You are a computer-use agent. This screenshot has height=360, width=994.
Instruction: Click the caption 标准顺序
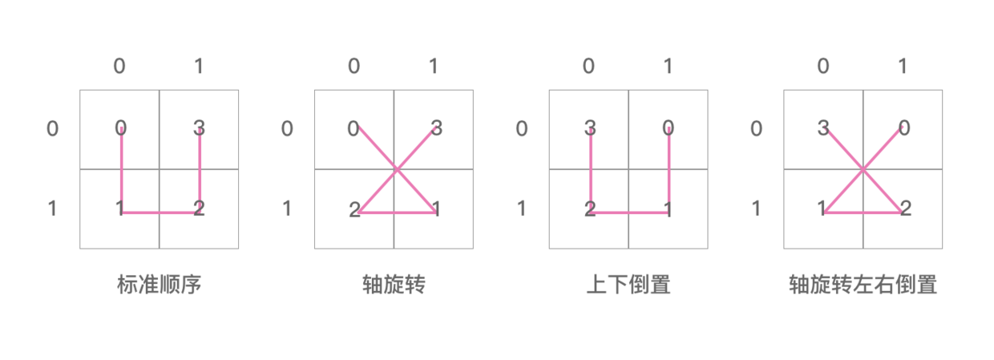click(x=159, y=285)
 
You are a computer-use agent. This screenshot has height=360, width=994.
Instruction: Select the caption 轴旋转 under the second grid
click(x=394, y=285)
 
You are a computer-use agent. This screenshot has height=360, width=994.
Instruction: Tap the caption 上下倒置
click(x=628, y=285)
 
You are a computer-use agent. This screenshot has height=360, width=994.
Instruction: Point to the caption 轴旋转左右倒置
click(x=863, y=285)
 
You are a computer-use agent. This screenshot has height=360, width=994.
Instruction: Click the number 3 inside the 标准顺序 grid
click(x=200, y=127)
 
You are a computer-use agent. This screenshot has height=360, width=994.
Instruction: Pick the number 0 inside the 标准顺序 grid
click(x=120, y=127)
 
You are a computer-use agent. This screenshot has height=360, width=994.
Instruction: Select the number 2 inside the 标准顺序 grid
click(x=200, y=209)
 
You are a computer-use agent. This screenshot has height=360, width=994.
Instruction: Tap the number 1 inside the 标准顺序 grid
click(x=119, y=209)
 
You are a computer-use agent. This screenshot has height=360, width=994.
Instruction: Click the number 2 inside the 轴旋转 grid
click(x=354, y=210)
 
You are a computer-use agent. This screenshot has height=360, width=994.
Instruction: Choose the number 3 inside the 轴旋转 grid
click(x=436, y=127)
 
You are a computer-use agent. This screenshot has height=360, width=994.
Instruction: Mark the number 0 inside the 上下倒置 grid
click(x=669, y=127)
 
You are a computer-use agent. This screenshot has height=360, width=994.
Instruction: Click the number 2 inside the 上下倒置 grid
click(x=590, y=210)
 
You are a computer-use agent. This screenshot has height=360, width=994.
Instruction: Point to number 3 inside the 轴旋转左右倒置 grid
click(x=823, y=127)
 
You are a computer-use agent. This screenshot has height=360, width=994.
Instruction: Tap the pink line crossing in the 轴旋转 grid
click(x=396, y=169)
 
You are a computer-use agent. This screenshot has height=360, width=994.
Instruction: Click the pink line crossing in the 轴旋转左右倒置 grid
click(x=863, y=169)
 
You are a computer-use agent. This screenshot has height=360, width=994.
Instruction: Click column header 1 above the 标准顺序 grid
click(x=199, y=66)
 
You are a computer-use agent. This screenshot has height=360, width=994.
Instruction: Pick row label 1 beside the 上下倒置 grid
click(x=522, y=209)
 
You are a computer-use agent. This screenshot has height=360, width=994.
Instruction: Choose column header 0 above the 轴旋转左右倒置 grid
click(x=823, y=66)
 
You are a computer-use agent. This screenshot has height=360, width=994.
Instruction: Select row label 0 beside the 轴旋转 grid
click(x=287, y=128)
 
